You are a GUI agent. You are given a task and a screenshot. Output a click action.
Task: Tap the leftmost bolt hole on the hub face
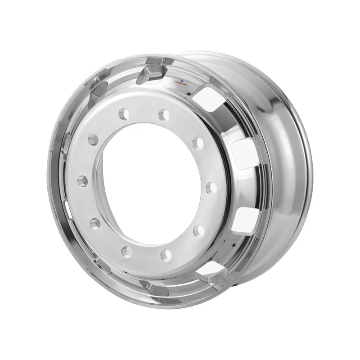pos(82,181)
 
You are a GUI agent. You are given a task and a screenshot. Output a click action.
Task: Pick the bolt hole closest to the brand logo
pos(164,115)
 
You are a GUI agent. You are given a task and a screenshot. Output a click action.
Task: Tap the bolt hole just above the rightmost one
pos(198,144)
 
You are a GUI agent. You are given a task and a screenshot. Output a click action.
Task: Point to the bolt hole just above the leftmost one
pos(93,139)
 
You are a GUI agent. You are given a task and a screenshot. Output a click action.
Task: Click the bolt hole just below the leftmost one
pos(95,223)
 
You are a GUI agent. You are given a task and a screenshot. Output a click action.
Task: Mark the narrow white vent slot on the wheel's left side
pos(67,207)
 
